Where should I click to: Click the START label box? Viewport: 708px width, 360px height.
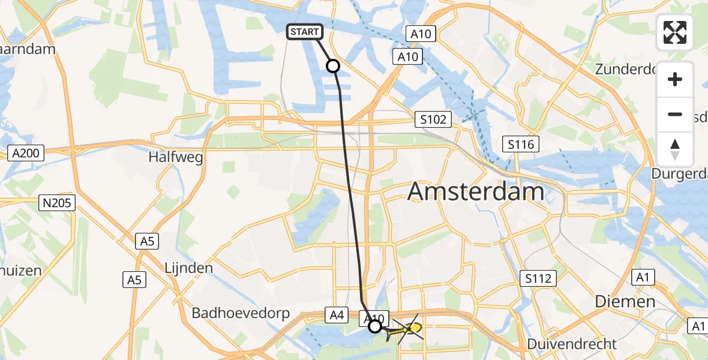click(306, 32)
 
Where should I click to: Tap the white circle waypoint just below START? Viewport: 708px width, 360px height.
click(332, 66)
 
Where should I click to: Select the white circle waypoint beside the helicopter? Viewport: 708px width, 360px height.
click(374, 326)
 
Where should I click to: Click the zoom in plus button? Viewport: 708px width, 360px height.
click(675, 80)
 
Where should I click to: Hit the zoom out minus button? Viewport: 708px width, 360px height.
click(675, 115)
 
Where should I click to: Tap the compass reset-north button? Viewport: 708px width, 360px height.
click(675, 149)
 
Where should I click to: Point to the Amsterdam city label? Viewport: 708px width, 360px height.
click(476, 192)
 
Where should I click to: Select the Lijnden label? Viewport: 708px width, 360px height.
click(188, 268)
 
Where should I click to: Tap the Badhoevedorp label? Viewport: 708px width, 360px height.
click(241, 313)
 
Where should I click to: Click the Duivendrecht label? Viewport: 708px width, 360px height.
click(571, 344)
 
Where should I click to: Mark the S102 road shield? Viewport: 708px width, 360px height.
click(433, 119)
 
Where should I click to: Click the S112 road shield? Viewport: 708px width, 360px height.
click(538, 278)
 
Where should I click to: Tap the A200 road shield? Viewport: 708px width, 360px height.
click(26, 153)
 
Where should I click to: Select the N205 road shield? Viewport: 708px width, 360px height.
click(58, 203)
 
